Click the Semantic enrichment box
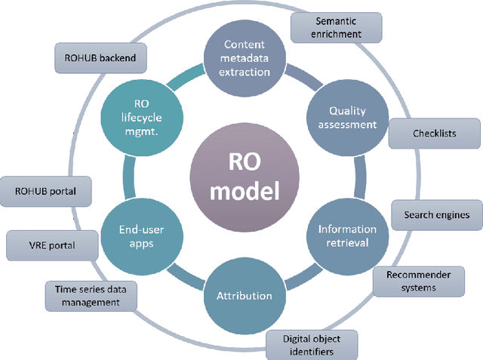[337, 28]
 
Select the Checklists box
[434, 133]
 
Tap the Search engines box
[437, 214]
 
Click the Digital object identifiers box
[311, 345]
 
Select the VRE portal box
[52, 245]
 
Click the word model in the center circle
[244, 192]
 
